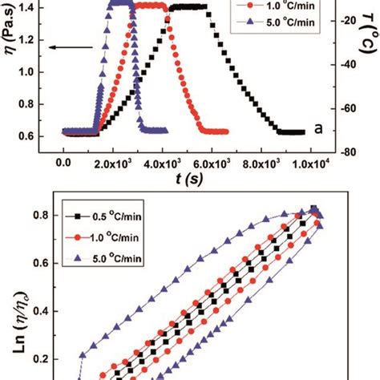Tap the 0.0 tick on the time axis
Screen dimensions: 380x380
pyautogui.click(x=63, y=163)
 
